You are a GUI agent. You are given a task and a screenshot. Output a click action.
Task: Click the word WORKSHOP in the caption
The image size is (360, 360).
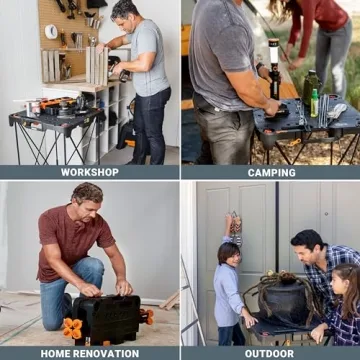point(89,172)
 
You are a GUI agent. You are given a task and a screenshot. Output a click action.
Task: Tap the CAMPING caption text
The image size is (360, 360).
point(271,172)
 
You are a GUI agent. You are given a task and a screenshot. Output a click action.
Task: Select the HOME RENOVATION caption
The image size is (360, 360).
point(89,353)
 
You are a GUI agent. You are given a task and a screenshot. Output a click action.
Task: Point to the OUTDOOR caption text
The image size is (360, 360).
point(270,353)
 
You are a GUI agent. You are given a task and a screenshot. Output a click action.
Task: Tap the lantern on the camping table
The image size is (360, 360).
point(273,71)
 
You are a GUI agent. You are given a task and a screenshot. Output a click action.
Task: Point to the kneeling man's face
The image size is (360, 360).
point(89,201)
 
